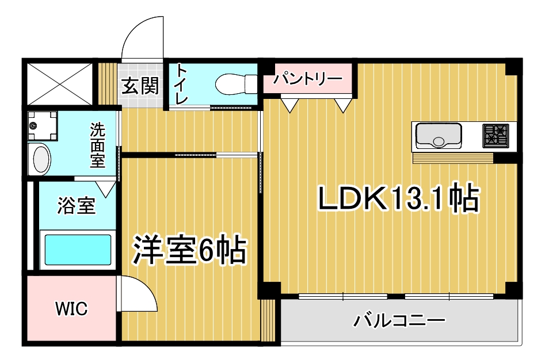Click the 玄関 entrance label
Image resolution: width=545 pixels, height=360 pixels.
(x=140, y=86)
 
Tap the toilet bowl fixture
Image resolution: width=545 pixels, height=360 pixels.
(x=236, y=83)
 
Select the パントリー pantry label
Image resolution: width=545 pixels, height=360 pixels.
(x=307, y=79)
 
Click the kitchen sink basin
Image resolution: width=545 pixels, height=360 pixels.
(x=439, y=135)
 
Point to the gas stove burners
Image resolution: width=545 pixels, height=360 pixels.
(x=496, y=135)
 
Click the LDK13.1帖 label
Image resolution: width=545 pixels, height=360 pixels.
(x=399, y=198)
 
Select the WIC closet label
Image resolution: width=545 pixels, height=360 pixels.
(x=71, y=308)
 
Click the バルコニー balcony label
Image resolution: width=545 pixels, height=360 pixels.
(x=399, y=320)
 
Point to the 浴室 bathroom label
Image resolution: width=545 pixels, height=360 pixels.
(x=76, y=205)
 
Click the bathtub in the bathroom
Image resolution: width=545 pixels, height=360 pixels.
(x=78, y=250)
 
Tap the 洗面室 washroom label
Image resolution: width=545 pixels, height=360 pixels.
(x=98, y=145)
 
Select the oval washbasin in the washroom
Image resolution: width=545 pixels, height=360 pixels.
(x=40, y=160)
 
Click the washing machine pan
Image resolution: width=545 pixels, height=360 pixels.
(x=43, y=125)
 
